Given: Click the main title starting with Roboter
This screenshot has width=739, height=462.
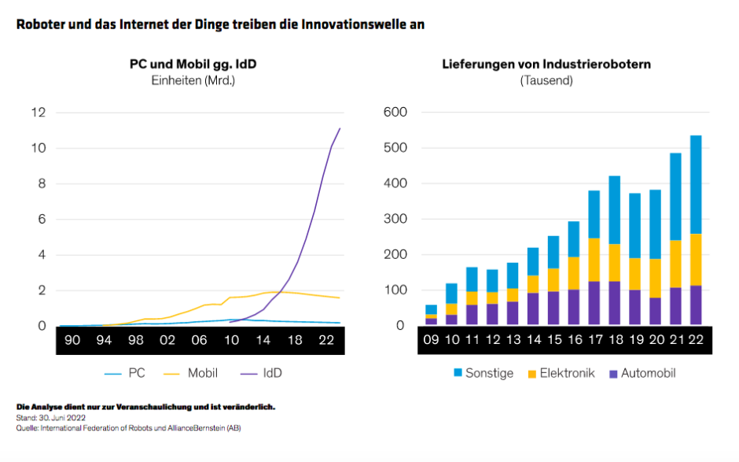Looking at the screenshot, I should [x=220, y=24].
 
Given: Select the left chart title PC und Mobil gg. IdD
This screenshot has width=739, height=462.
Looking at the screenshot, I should [x=193, y=64].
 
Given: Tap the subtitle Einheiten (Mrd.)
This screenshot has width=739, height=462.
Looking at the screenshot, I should [x=193, y=79].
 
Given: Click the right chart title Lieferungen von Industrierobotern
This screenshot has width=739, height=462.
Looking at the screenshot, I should [x=546, y=64].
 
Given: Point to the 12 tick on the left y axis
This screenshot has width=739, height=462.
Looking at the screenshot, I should [x=38, y=113].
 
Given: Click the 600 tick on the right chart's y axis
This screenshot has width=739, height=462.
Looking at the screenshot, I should [x=394, y=113].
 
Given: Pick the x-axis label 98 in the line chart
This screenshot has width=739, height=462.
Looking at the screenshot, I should [x=135, y=340].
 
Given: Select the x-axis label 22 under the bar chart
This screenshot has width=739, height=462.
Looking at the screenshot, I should [x=695, y=340].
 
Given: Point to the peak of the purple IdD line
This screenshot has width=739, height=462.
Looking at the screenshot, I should [x=340, y=128].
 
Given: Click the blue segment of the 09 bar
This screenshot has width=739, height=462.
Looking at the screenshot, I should [x=429, y=309].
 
